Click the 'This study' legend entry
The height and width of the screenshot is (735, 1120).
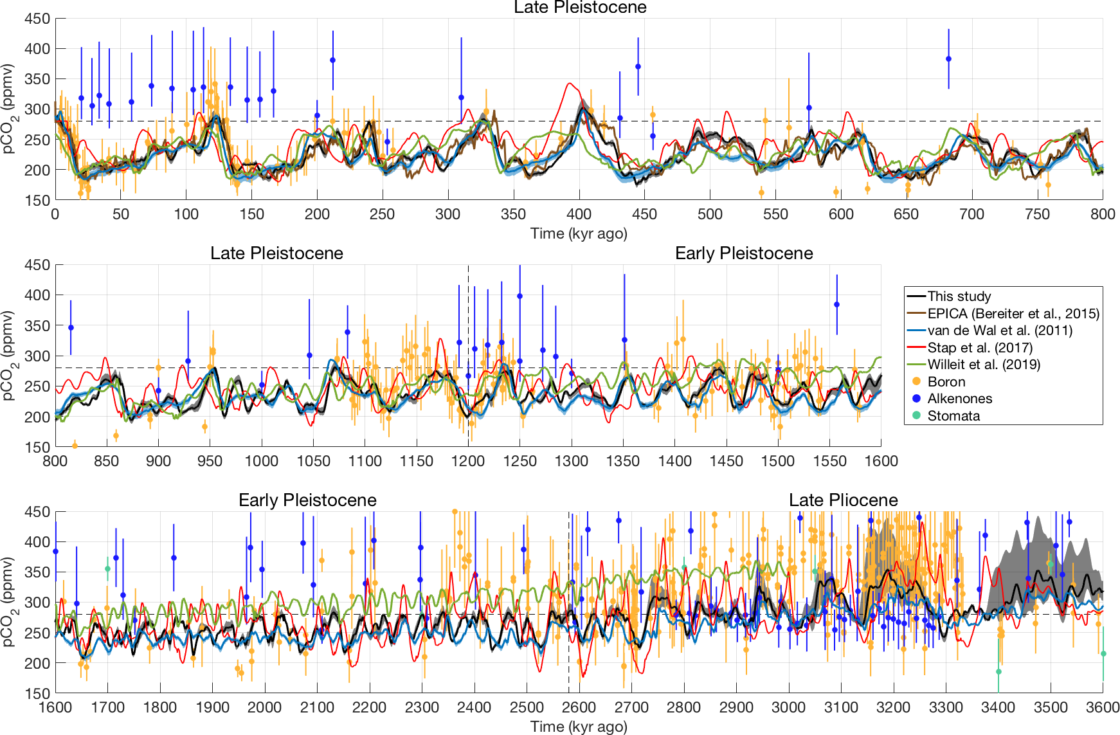959,296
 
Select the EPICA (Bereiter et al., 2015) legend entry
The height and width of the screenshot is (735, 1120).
1013,314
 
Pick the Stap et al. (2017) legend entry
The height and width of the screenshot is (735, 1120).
979,348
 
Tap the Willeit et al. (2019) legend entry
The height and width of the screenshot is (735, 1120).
983,365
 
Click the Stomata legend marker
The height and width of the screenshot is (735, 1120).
917,415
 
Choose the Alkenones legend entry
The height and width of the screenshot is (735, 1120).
959,399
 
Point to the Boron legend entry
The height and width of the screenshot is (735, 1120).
946,382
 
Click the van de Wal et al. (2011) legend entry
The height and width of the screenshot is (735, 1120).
999,331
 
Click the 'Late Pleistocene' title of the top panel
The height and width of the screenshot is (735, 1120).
580,8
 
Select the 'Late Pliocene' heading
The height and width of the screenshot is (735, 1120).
843,500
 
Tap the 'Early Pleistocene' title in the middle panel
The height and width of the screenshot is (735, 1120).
744,253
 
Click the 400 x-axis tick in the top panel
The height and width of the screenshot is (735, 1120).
579,214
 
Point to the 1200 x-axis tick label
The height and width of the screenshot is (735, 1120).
468,461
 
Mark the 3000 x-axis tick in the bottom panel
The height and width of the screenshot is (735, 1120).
788,708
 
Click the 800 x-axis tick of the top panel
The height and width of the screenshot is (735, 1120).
1103,214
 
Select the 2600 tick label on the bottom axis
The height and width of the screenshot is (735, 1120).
579,708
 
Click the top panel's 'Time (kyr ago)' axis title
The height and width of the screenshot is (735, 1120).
579,233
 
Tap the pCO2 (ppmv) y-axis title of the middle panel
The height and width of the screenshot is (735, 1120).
8,356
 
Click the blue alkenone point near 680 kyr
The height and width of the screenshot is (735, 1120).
948,59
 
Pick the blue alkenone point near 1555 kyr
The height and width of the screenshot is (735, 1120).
836,305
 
